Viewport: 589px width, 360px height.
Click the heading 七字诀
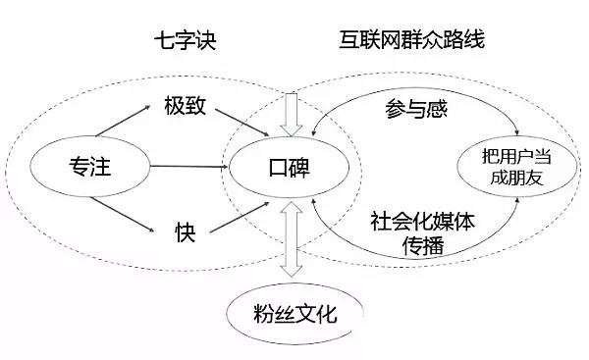click(x=186, y=40)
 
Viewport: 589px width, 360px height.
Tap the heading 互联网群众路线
click(x=411, y=39)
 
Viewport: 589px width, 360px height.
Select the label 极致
click(x=186, y=106)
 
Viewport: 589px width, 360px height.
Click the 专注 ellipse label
click(x=90, y=167)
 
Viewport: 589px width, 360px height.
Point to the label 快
click(x=186, y=232)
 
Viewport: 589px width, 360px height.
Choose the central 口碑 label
click(x=289, y=168)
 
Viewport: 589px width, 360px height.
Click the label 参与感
click(x=416, y=109)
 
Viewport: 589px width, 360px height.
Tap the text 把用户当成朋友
click(x=516, y=167)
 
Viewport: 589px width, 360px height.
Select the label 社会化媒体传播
click(x=422, y=232)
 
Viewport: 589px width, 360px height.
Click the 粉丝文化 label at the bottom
click(x=294, y=314)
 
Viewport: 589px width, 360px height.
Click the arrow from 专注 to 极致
click(x=123, y=121)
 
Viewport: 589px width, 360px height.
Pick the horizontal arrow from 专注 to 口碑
click(x=188, y=167)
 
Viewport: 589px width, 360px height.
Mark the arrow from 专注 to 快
click(x=123, y=215)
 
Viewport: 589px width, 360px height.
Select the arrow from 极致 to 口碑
click(x=242, y=122)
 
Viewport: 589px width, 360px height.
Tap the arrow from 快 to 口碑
click(x=240, y=217)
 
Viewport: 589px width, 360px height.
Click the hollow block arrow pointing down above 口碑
click(x=292, y=114)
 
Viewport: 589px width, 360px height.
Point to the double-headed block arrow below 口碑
click(x=292, y=239)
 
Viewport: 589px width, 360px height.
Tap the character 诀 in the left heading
click(x=206, y=40)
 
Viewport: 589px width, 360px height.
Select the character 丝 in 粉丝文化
click(x=285, y=314)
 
